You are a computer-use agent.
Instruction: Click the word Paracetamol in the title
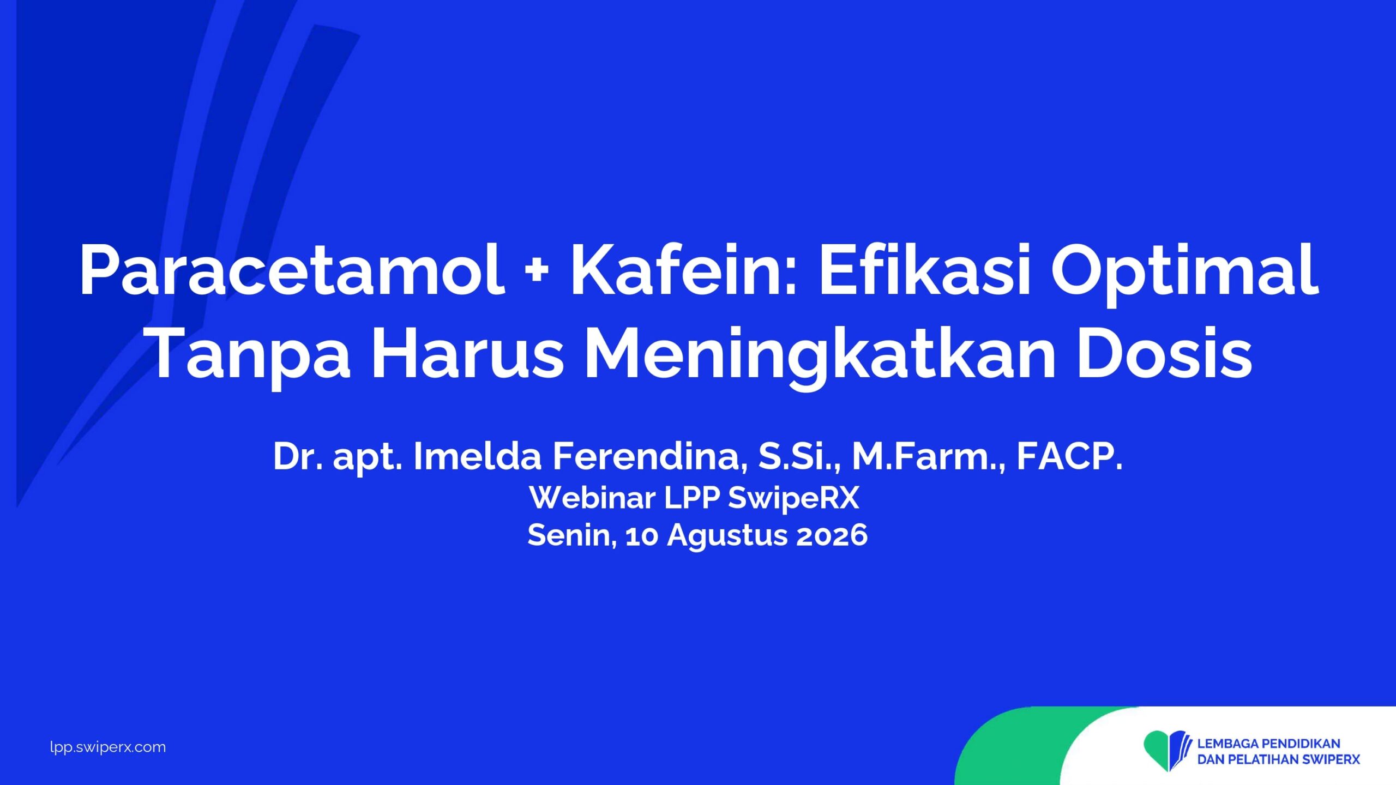[292, 270]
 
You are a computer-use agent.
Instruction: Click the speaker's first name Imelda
[478, 456]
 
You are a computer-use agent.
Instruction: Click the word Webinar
[592, 497]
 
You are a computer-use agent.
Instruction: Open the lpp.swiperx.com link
[108, 747]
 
